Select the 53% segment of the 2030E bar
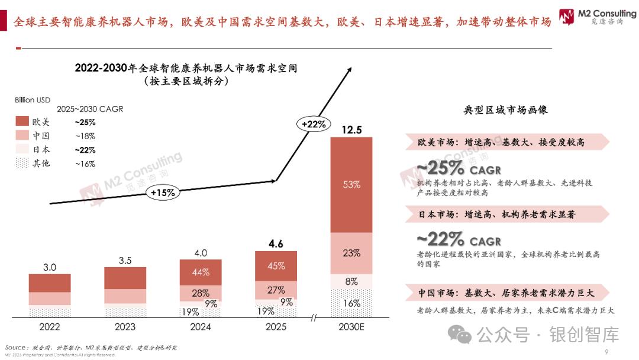(x=351, y=185)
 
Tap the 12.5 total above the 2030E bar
(x=351, y=130)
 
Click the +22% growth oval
(x=314, y=124)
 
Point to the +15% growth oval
(x=163, y=192)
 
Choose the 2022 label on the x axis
(x=50, y=326)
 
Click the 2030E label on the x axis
(x=351, y=326)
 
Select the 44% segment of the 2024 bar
(x=201, y=272)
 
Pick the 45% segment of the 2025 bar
(x=276, y=266)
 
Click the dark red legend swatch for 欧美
(x=22, y=122)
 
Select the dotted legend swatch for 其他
(x=22, y=163)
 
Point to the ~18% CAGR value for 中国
(x=85, y=136)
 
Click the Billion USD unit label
(x=33, y=100)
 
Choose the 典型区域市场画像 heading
(x=505, y=110)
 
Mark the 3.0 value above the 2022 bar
(x=50, y=267)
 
